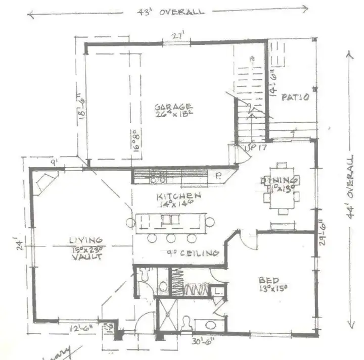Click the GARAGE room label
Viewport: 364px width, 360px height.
[173, 107]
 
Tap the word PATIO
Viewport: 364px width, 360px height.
[295, 97]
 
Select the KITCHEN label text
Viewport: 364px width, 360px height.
[178, 195]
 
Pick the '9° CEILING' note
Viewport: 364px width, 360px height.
[193, 253]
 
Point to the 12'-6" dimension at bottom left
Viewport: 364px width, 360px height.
[81, 329]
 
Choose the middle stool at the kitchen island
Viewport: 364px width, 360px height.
[171, 238]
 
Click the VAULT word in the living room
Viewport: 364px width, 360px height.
[86, 256]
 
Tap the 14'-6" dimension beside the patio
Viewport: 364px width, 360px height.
[274, 81]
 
